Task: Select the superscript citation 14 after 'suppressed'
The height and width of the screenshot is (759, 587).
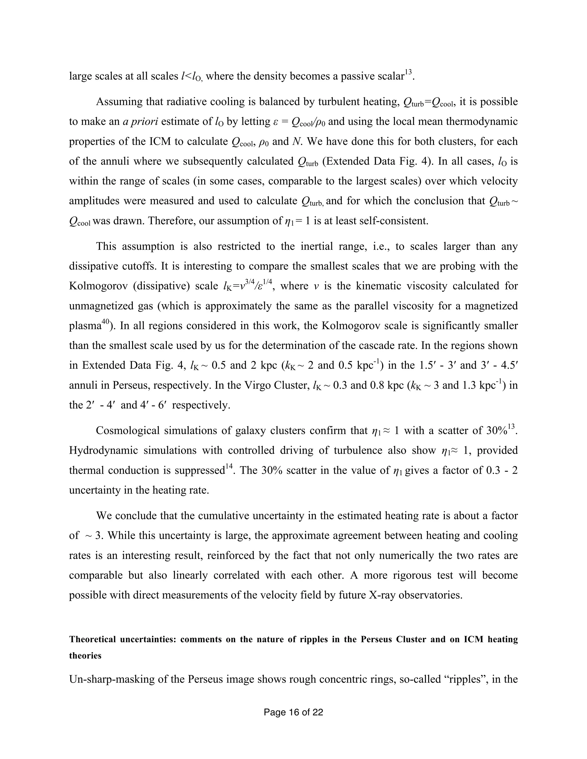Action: (x=229, y=467)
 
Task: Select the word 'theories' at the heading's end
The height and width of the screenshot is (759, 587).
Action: (x=85, y=656)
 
